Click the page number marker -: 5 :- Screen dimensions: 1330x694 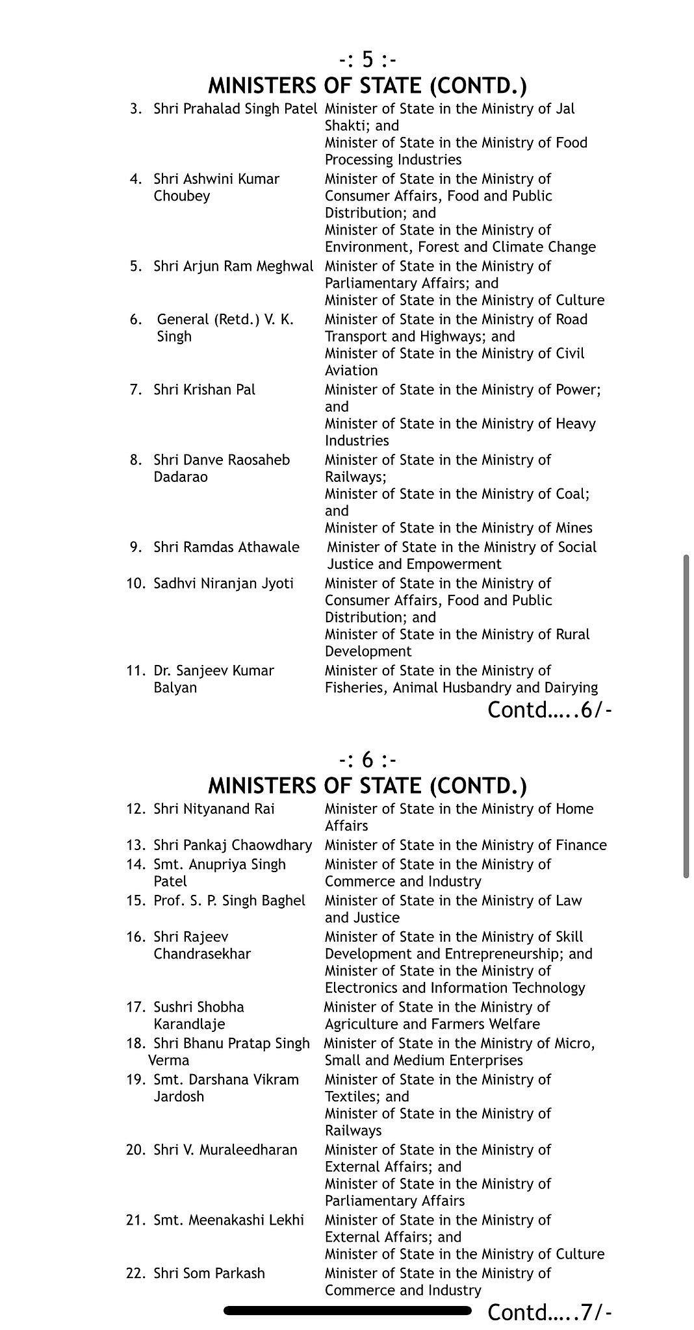[367, 60]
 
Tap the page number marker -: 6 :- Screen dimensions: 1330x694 [367, 760]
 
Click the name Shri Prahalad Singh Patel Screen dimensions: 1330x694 [235, 108]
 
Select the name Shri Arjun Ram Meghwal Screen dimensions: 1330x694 [233, 266]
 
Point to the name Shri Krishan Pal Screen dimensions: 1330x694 [204, 390]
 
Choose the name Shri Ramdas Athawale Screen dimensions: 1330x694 [226, 547]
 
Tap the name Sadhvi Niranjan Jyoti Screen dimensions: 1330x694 [223, 583]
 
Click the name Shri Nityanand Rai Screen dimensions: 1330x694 [214, 809]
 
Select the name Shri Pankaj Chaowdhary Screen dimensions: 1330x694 [233, 845]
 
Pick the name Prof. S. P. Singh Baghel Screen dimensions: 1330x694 [229, 901]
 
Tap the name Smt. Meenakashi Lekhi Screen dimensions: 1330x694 [229, 1220]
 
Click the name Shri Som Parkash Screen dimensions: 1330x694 [209, 1274]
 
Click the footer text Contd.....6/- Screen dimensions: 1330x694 [550, 710]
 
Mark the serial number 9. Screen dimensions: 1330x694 [136, 547]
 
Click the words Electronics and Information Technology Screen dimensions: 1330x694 [455, 988]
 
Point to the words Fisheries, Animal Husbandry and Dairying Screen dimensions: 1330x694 [461, 687]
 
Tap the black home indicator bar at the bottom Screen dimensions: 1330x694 [347, 1311]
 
